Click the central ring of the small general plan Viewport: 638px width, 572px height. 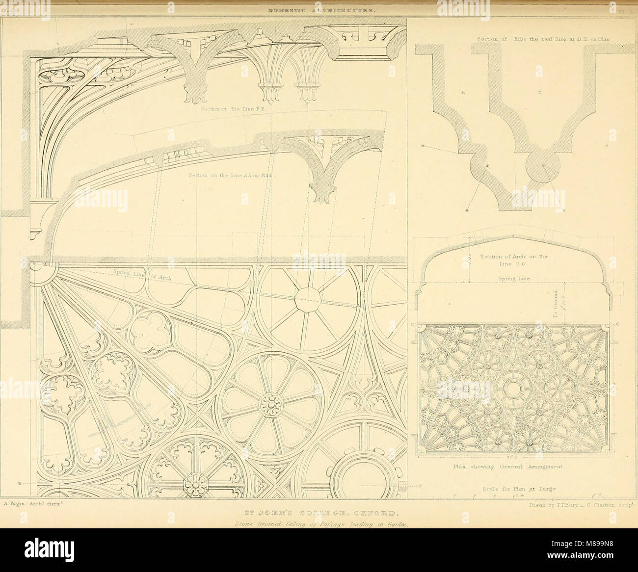pos(513,389)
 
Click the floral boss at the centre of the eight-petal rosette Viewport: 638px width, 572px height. pos(269,406)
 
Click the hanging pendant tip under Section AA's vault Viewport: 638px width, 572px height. pos(323,199)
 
